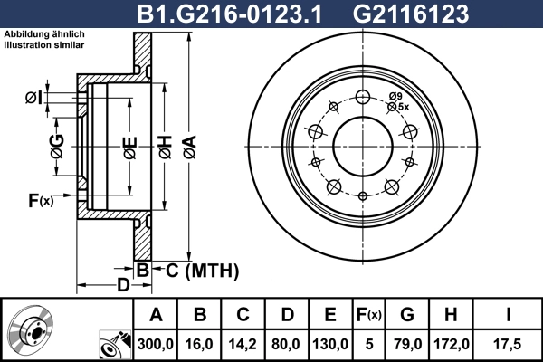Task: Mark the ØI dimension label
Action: click(32, 97)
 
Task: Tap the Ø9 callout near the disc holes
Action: click(395, 96)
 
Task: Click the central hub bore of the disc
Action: click(362, 144)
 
